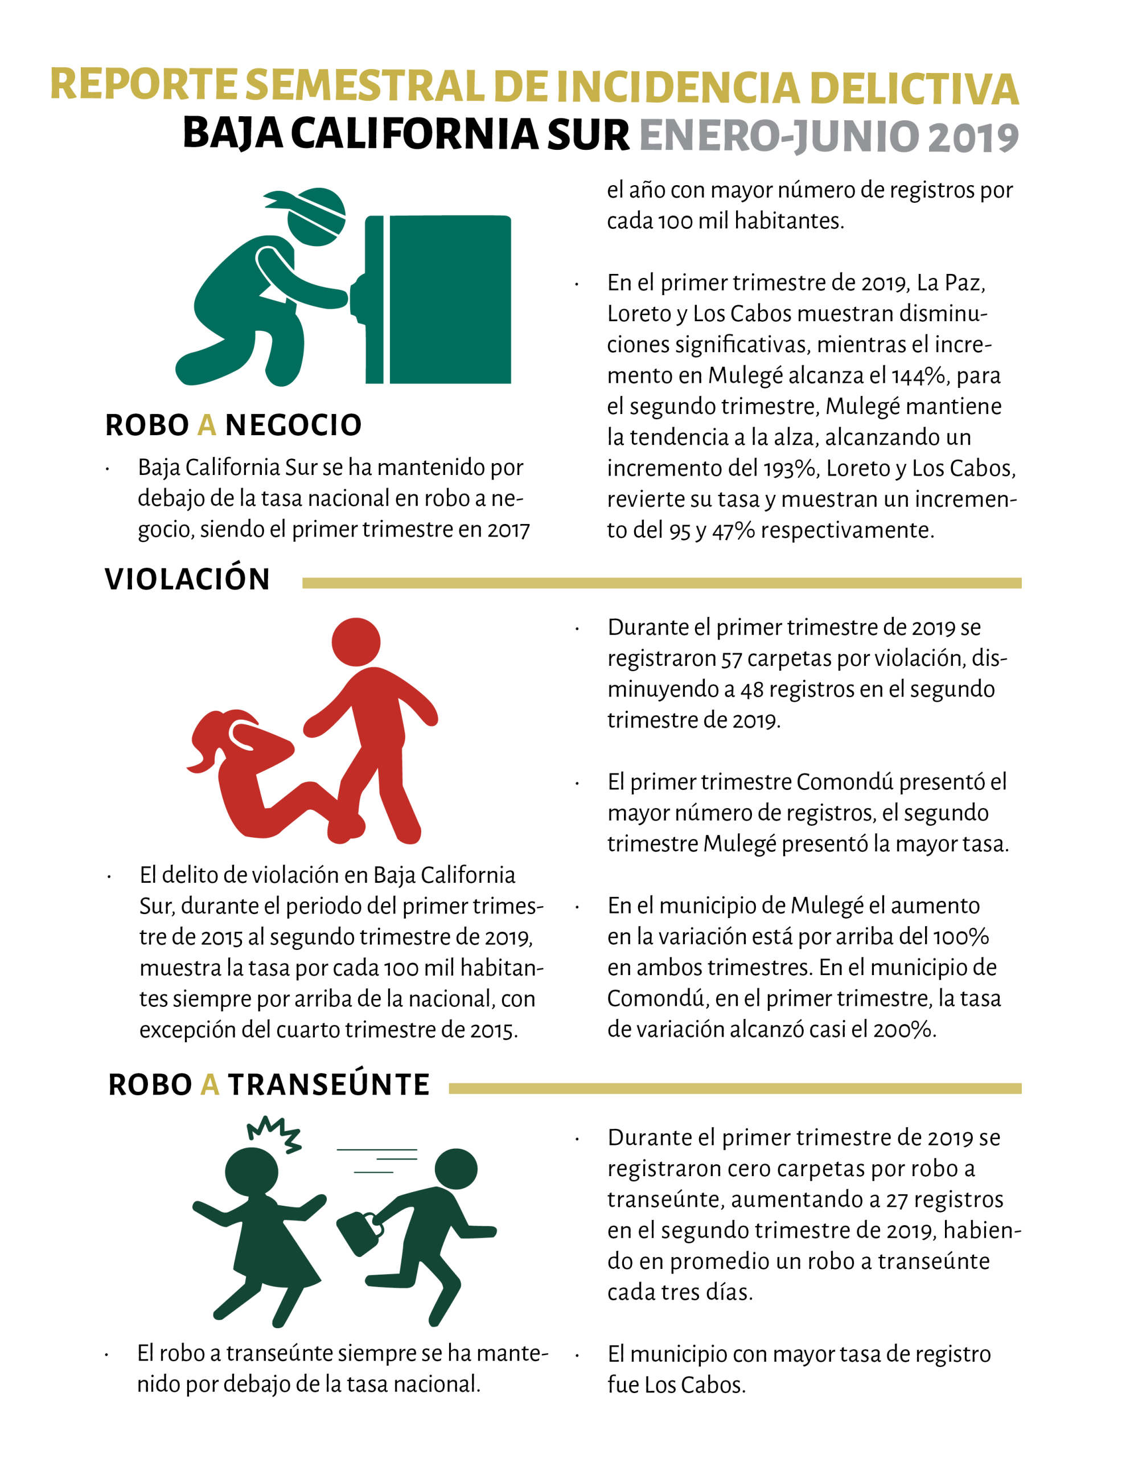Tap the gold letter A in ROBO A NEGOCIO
(207, 425)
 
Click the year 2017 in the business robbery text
(508, 530)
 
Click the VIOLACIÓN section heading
(187, 579)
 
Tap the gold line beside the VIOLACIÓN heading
(661, 583)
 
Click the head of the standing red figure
(356, 641)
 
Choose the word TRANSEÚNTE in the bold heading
(328, 1085)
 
